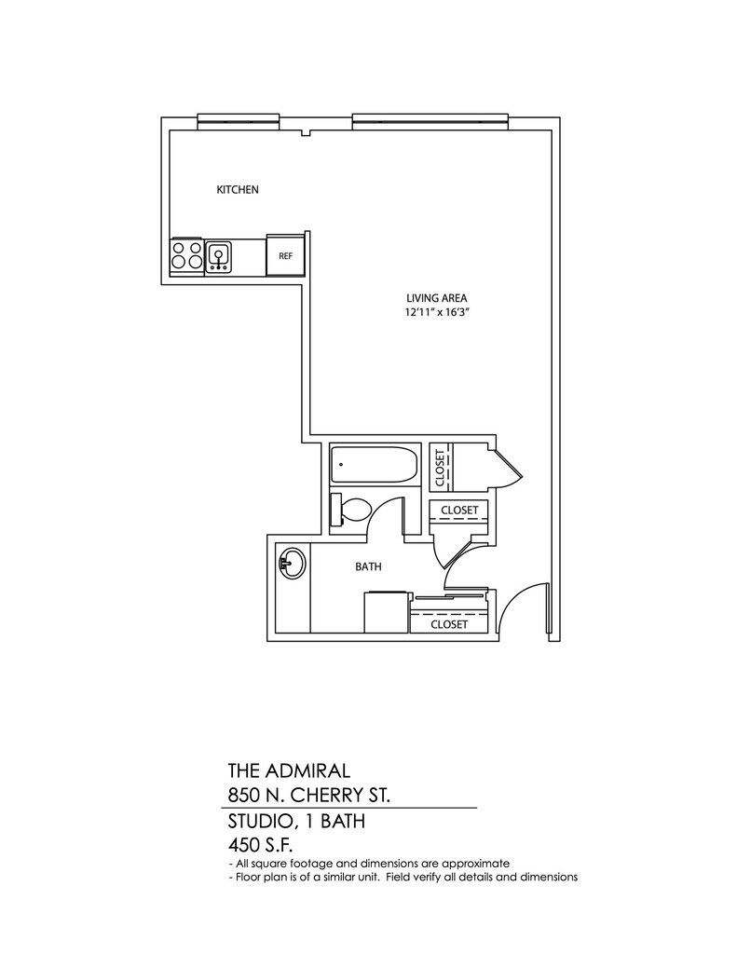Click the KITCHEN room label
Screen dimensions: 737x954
coord(238,190)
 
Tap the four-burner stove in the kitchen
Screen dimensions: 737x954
coord(187,255)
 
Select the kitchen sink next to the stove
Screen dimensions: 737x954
coord(219,255)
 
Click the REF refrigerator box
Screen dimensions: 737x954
coord(286,255)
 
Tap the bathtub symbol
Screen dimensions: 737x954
coord(375,464)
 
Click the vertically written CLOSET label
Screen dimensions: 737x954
coord(440,468)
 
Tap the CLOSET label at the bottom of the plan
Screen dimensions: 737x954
coord(449,625)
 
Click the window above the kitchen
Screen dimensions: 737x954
coord(239,119)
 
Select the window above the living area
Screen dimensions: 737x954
coord(430,119)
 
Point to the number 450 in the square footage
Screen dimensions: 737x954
coord(247,846)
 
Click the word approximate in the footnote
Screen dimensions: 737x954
coord(476,864)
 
